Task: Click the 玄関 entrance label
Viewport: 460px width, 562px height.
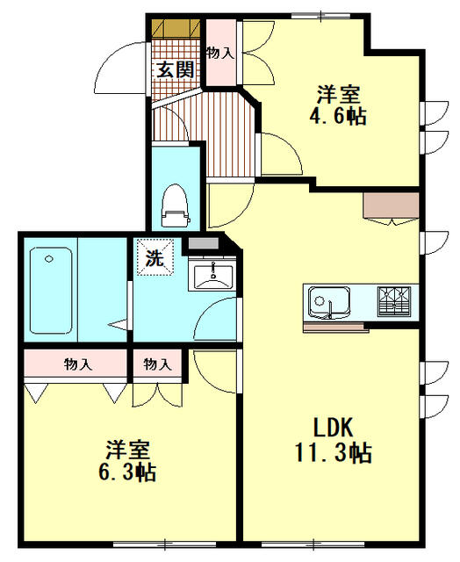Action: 176,69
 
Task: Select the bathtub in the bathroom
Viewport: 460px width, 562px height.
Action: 51,291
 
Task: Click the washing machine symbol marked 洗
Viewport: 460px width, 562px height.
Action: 154,259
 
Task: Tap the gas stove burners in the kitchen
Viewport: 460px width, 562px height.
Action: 397,301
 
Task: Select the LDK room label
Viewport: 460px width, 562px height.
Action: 333,428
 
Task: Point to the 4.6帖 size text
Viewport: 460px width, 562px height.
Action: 337,115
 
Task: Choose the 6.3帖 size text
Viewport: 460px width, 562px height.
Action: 126,473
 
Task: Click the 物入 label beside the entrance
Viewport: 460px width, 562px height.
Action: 219,53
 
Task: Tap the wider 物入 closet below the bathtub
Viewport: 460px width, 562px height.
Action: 76,363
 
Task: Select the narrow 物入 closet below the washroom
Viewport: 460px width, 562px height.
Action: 157,363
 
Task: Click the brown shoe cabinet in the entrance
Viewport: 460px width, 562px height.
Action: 175,26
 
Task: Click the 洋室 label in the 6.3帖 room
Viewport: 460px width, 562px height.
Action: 126,449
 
